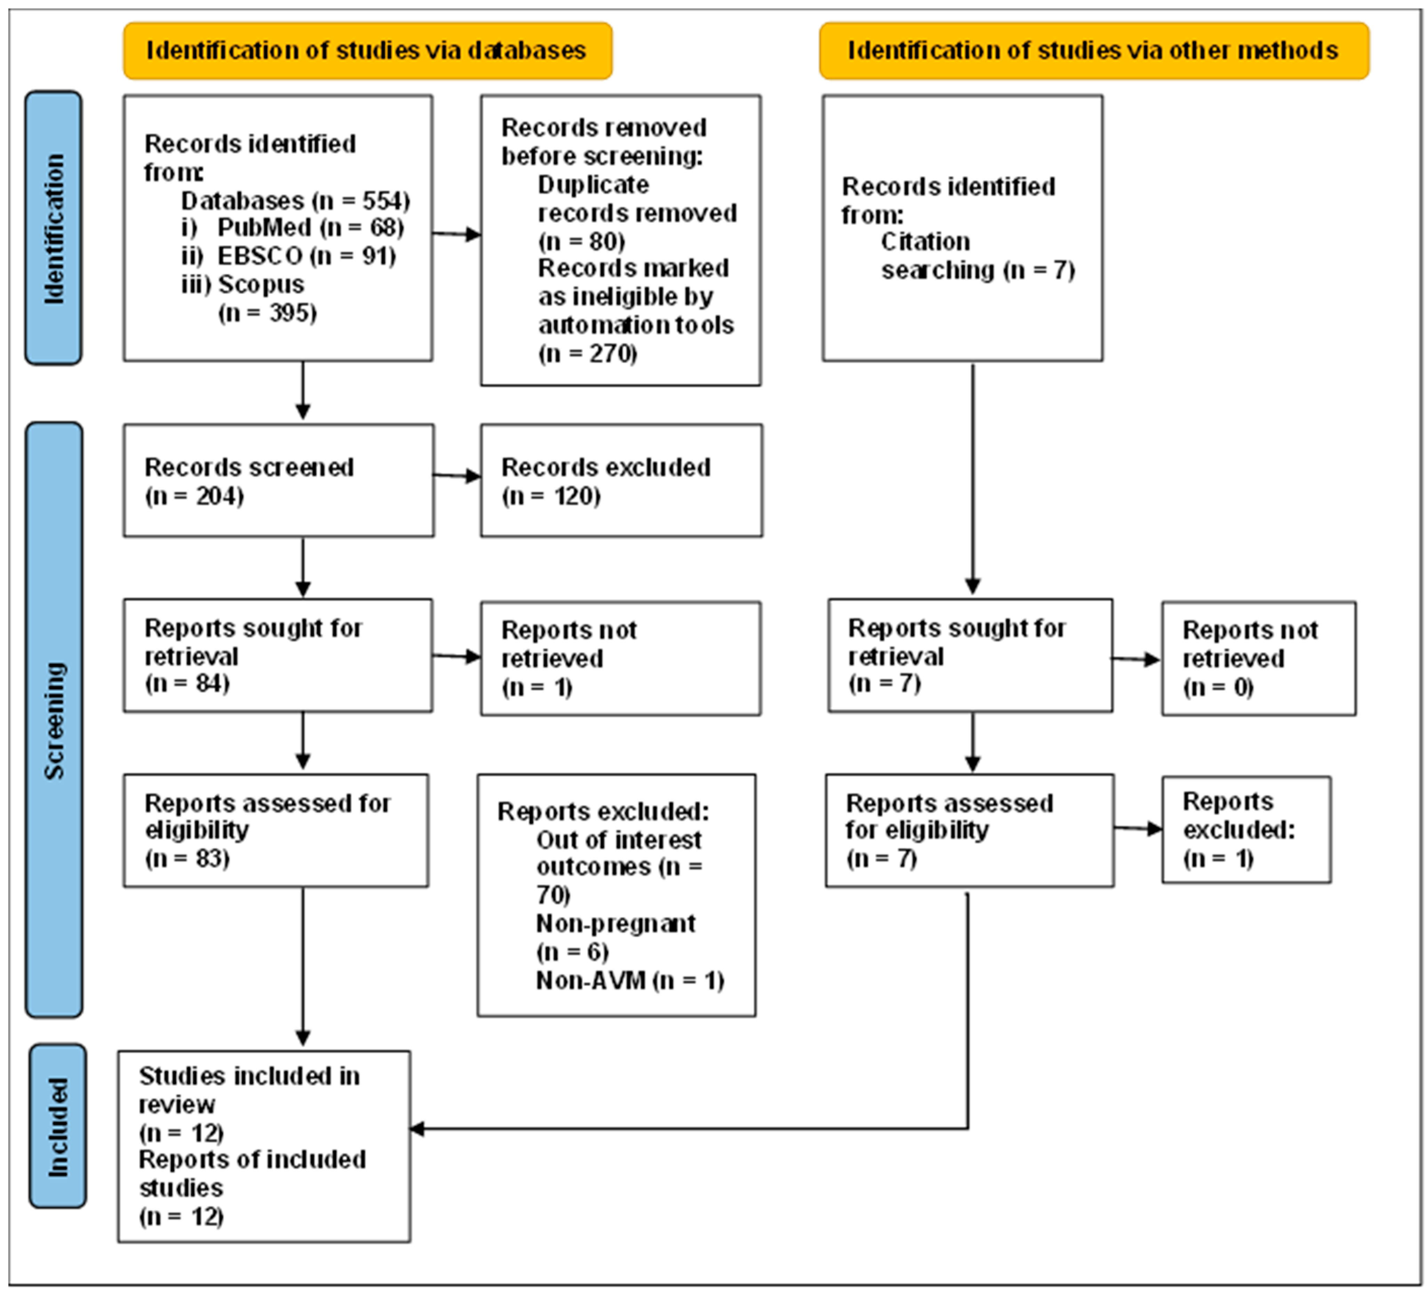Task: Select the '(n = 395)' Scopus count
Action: pyautogui.click(x=268, y=312)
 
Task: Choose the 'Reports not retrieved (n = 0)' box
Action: pyautogui.click(x=1259, y=658)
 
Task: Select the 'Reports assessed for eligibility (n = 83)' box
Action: pyautogui.click(x=276, y=830)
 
